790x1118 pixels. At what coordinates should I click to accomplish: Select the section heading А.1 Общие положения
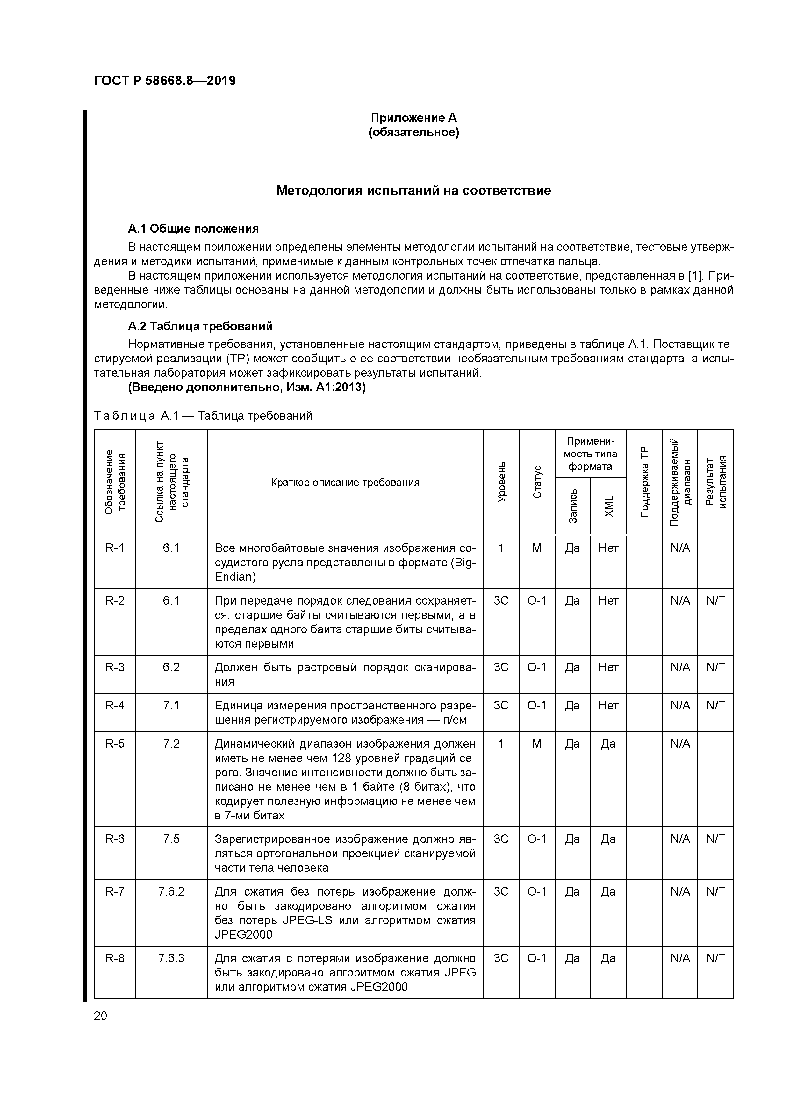coord(193,229)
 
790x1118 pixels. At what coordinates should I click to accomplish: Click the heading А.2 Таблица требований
coord(200,326)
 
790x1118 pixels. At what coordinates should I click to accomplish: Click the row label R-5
coord(115,744)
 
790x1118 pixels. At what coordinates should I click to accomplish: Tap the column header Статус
coord(537,482)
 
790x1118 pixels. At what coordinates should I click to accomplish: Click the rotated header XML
coord(608,506)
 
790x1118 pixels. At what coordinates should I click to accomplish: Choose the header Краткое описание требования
coord(345,483)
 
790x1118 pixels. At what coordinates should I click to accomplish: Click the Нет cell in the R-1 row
coord(608,548)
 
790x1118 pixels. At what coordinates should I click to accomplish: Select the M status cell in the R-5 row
coord(537,744)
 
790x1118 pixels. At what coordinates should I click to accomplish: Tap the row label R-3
coord(115,667)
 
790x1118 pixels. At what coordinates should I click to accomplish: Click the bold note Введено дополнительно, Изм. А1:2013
coord(247,388)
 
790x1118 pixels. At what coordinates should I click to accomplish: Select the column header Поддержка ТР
coord(644,482)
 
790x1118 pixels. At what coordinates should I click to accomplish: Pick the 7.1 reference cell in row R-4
coord(171,705)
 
